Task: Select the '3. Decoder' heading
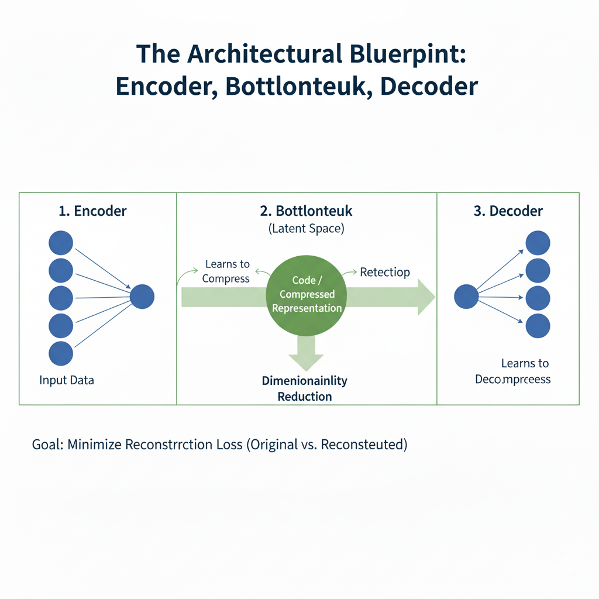coord(508,211)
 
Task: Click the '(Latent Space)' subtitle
coord(307,229)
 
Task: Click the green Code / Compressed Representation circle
coord(307,294)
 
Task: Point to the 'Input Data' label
coord(67,380)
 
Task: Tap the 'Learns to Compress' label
coord(226,272)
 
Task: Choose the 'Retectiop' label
coord(385,272)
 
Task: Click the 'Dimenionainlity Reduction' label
coord(305,388)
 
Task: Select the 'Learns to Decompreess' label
coord(513,371)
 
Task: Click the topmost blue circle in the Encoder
coord(61,243)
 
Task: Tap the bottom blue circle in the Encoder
coord(61,354)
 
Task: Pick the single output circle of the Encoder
coord(142,297)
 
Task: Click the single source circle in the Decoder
coord(466,297)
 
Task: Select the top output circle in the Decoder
coord(538,243)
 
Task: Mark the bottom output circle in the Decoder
coord(538,326)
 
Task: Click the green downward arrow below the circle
coord(306,353)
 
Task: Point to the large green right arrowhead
coord(425,297)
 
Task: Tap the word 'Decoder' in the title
coord(429,86)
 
